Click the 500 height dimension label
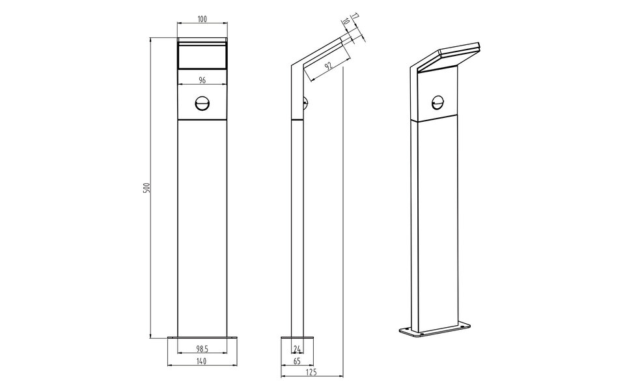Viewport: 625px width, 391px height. pos(147,188)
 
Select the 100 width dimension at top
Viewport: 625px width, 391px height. pos(202,20)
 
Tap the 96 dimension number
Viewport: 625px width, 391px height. pos(202,80)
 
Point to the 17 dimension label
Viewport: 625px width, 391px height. pos(355,16)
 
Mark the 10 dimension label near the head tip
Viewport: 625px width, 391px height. pos(346,23)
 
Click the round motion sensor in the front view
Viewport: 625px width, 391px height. pos(202,103)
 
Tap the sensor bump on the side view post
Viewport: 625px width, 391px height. pos(305,102)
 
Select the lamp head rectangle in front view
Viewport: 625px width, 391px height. pos(202,55)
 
